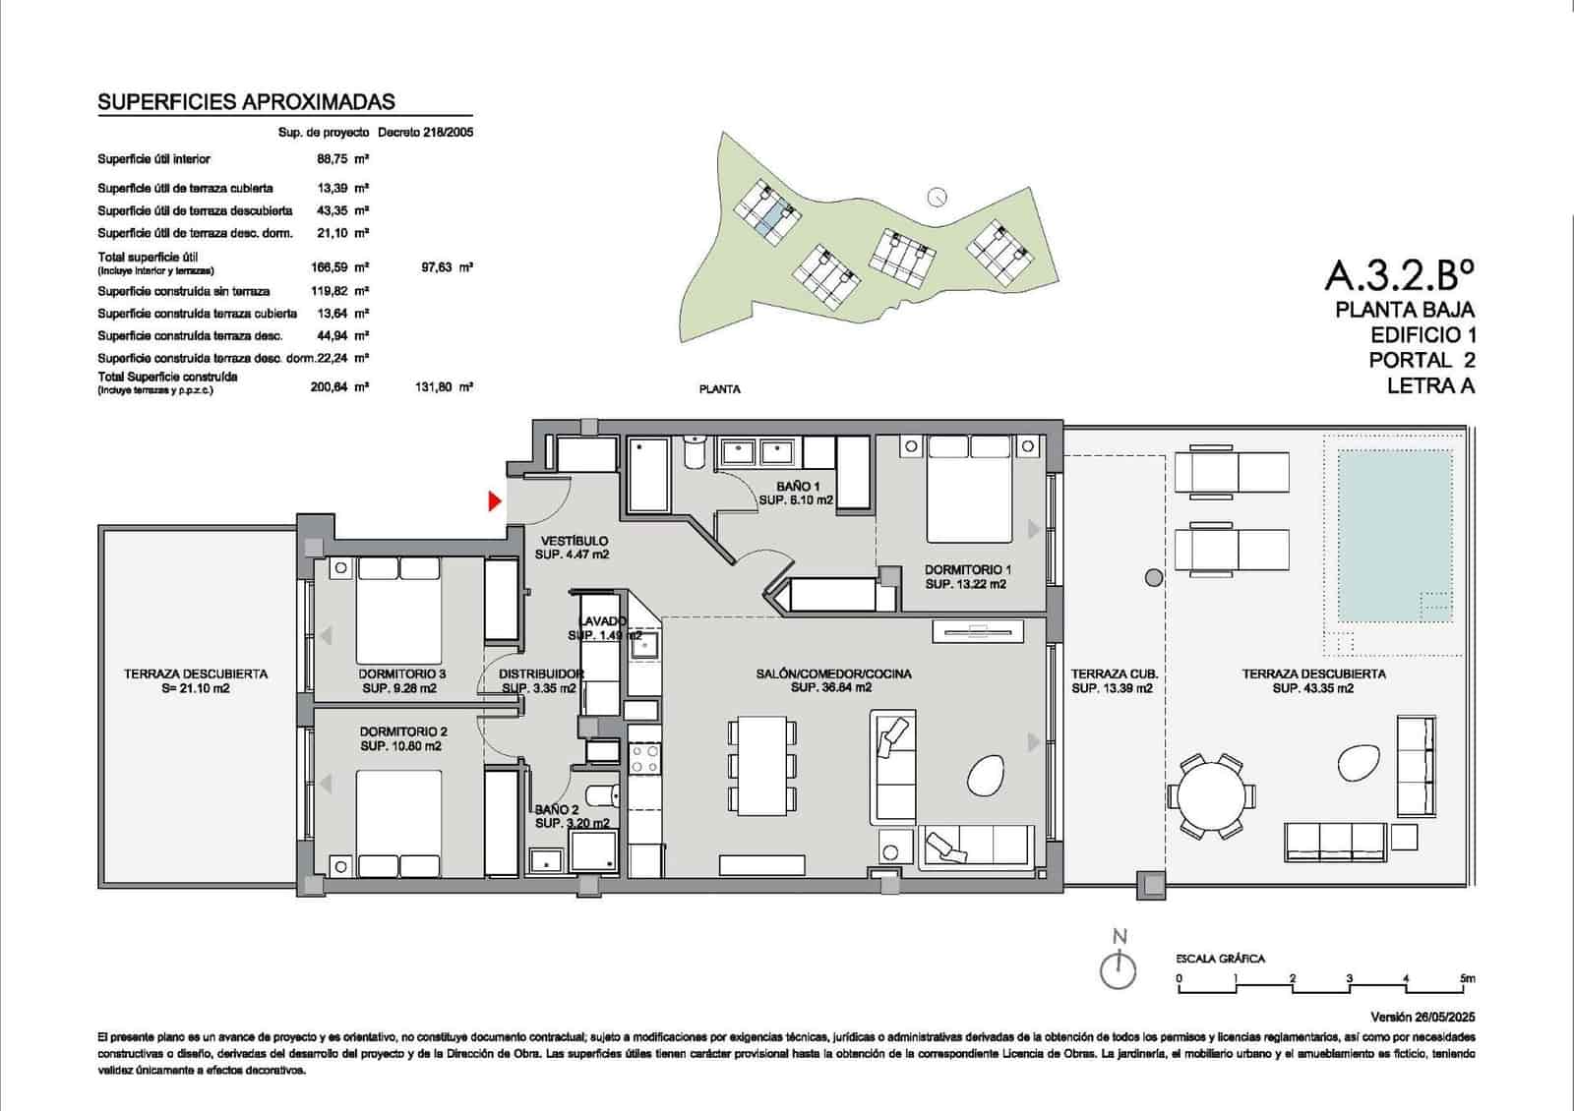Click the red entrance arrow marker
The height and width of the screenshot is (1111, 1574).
pos(496,501)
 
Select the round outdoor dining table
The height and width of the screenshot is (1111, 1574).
pos(1211,797)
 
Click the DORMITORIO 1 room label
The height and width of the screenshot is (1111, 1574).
pos(967,569)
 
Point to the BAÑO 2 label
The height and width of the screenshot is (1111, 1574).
pos(557,809)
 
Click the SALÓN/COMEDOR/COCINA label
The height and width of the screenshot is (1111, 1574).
pos(832,674)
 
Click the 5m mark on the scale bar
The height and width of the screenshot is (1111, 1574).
pos(1467,978)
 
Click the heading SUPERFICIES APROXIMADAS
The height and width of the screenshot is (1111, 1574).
pos(246,102)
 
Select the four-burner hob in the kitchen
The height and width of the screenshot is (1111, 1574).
pos(645,759)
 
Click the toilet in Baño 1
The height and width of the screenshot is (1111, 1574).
pos(695,451)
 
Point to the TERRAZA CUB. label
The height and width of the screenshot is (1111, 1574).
pos(1114,674)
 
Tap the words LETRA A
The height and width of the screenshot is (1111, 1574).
pos(1430,386)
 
